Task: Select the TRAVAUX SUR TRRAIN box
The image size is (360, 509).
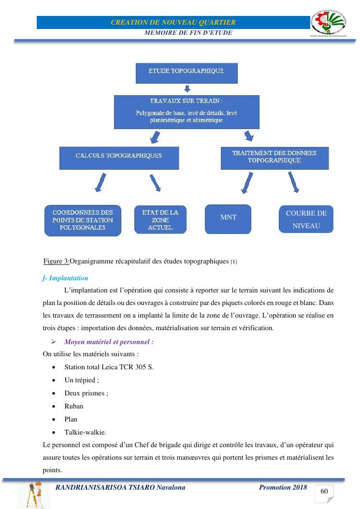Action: (187, 112)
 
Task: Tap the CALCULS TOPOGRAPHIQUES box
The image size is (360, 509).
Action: (119, 158)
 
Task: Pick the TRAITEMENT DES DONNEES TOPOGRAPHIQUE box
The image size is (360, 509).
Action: (274, 158)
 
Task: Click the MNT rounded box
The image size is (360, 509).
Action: (228, 218)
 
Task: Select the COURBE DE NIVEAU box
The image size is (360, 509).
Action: (306, 219)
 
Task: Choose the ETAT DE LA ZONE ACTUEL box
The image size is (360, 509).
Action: (160, 219)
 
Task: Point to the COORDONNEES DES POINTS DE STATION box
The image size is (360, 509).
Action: (83, 220)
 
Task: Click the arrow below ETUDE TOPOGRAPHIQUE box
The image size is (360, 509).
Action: (187, 89)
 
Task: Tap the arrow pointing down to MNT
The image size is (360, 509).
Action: (247, 184)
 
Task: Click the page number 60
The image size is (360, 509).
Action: (324, 492)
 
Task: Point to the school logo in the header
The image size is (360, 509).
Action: (329, 23)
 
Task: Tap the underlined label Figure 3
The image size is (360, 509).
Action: (56, 262)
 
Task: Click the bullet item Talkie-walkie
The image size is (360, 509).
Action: (85, 432)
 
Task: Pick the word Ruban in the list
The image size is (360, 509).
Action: (74, 406)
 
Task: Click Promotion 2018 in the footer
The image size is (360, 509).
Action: (283, 487)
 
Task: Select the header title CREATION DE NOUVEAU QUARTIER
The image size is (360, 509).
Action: (173, 22)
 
